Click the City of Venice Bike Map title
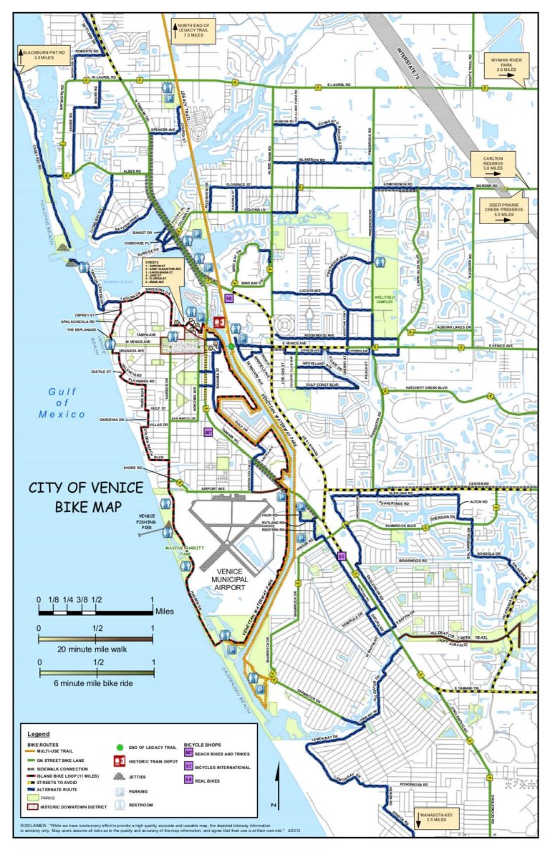click(85, 498)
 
